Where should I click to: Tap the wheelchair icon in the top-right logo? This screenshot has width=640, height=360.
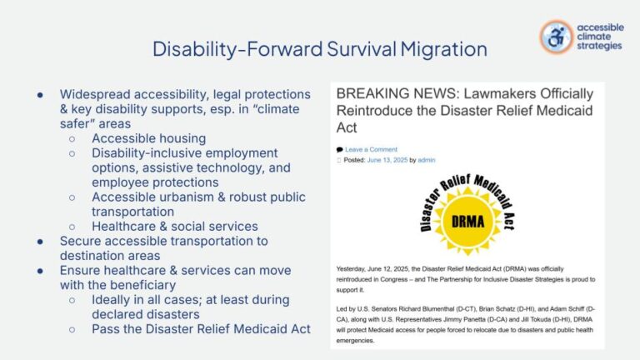coord(556,37)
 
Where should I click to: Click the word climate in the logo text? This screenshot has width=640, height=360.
coord(595,37)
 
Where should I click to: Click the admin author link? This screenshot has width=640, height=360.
coord(427,160)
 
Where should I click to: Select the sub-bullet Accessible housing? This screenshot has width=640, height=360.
coord(149,138)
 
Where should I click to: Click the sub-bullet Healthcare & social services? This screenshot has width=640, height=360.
coord(174,226)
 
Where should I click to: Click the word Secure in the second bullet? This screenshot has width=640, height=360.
coord(83,241)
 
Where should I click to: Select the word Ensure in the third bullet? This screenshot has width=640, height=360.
coord(84,270)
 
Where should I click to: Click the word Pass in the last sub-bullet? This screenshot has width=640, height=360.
coord(107,328)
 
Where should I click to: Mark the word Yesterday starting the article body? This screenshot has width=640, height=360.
coord(353,269)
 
